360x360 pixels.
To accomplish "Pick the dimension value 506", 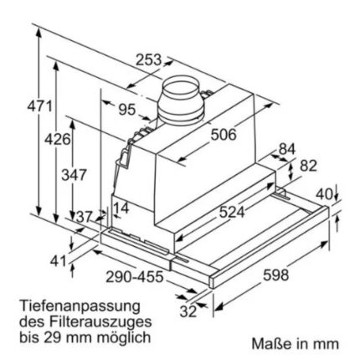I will [x=222, y=133].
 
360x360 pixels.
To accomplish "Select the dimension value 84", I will [x=287, y=149].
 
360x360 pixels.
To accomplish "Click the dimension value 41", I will [x=58, y=261].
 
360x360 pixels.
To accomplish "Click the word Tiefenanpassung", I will [x=80, y=306].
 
